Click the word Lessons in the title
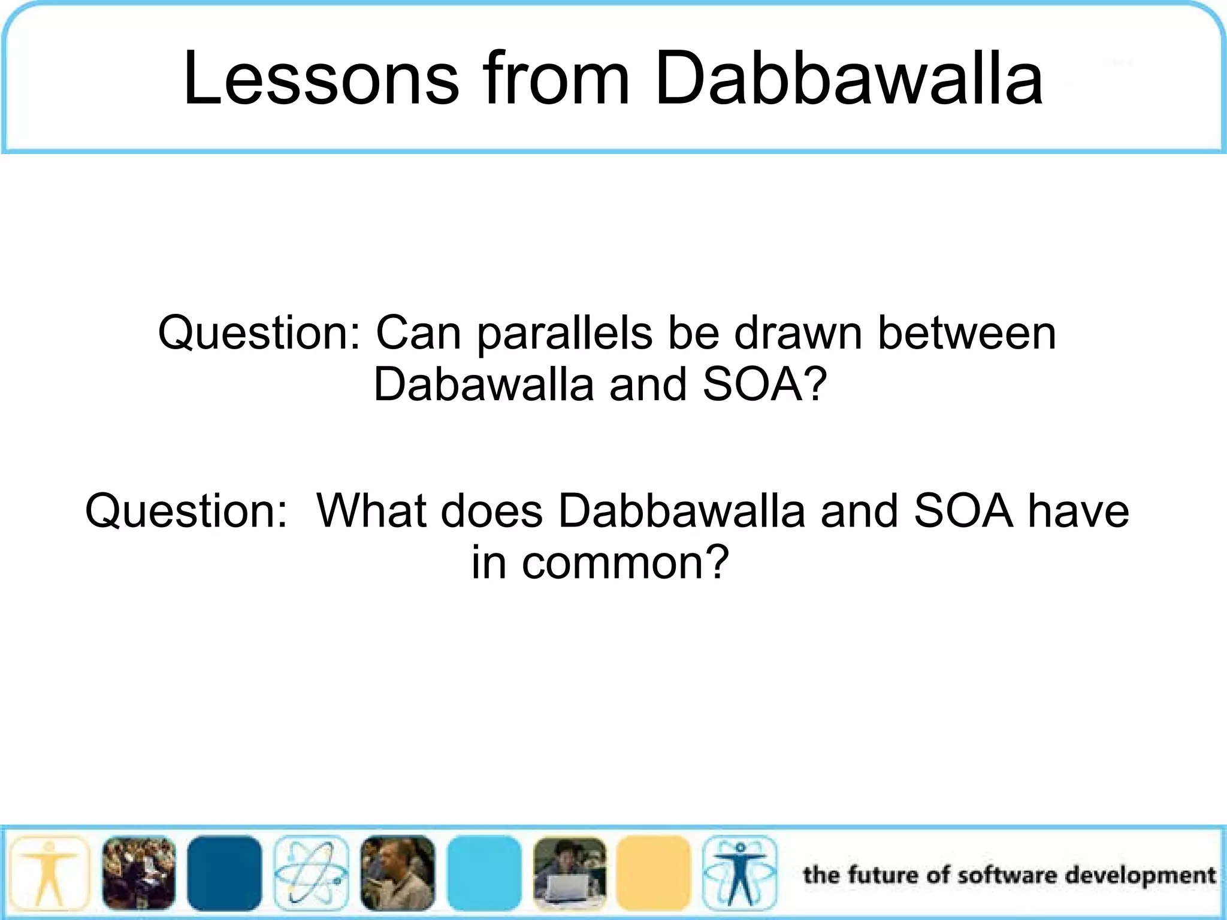tap(321, 78)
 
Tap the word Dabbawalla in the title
tap(848, 78)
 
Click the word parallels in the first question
tap(564, 334)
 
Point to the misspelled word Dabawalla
tap(483, 385)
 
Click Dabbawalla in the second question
tap(681, 511)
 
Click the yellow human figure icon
tap(50, 873)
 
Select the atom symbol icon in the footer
tap(311, 873)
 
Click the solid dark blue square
tap(225, 873)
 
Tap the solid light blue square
tap(484, 873)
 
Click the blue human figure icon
tap(740, 873)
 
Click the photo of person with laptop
tap(570, 873)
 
